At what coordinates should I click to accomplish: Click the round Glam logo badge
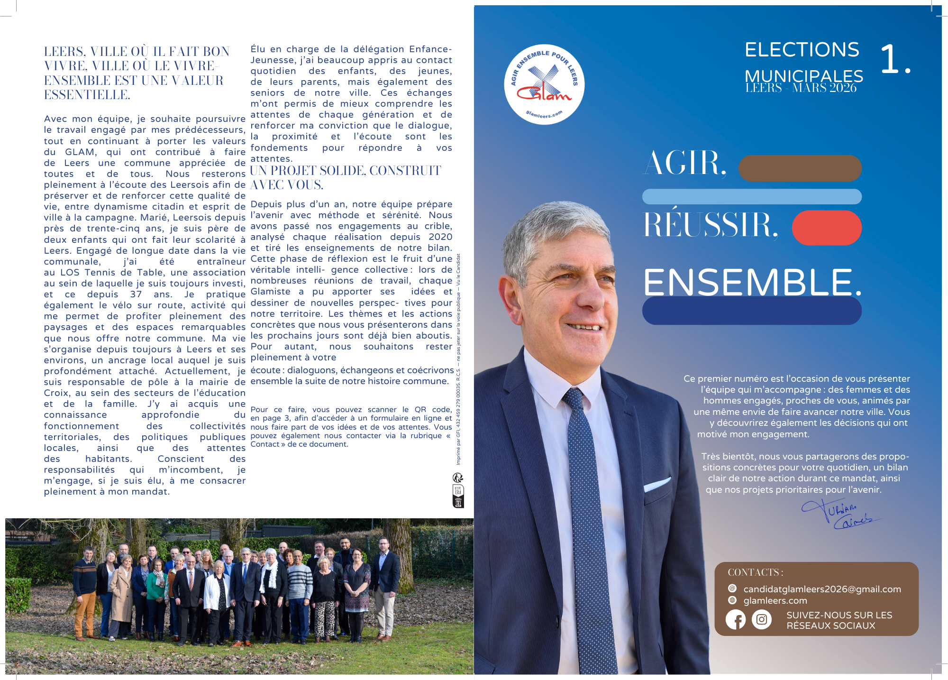pyautogui.click(x=544, y=84)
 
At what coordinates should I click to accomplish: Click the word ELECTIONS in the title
pyautogui.click(x=802, y=50)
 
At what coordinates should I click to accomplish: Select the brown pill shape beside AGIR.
pyautogui.click(x=800, y=168)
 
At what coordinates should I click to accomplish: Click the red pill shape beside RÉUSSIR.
pyautogui.click(x=827, y=228)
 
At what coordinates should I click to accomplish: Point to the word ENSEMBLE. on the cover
pyautogui.click(x=752, y=283)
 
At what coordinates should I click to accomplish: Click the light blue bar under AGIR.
pyautogui.click(x=752, y=196)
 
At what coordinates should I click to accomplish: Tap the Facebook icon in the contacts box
pyautogui.click(x=736, y=620)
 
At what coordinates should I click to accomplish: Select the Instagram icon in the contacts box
pyautogui.click(x=762, y=620)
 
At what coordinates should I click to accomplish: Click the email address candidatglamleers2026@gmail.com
pyautogui.click(x=822, y=589)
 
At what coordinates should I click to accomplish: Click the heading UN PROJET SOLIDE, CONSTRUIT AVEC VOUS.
pyautogui.click(x=346, y=177)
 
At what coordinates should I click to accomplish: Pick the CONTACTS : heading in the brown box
pyautogui.click(x=755, y=572)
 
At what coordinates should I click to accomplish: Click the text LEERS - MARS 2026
pyautogui.click(x=801, y=88)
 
